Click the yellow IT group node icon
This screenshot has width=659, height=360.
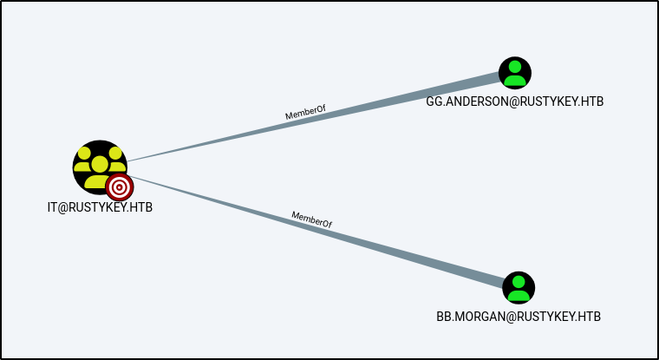tap(98, 165)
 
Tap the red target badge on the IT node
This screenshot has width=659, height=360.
tap(120, 186)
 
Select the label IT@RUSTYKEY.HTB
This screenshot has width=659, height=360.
tap(100, 208)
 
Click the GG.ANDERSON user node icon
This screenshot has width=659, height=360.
tap(515, 73)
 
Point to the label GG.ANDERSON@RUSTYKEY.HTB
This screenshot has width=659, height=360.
tap(515, 101)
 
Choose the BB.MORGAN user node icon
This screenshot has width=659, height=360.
tap(519, 287)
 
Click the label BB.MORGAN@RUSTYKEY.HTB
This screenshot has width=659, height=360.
tap(519, 316)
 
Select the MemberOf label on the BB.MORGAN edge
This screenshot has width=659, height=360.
tap(312, 219)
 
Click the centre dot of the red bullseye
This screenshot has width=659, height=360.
tap(120, 186)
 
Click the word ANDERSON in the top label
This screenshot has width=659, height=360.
tap(481, 101)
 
